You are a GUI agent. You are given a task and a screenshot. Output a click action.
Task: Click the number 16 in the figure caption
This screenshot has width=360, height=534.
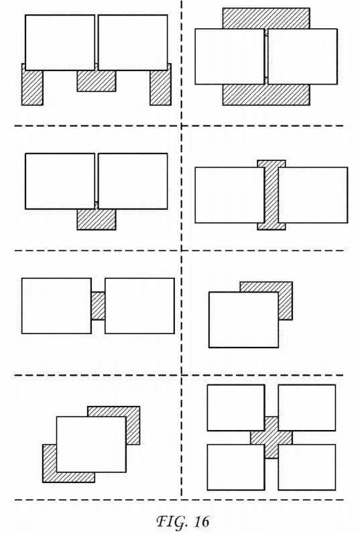click(x=202, y=521)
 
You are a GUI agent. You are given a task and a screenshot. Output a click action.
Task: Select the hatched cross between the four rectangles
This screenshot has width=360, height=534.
click(x=272, y=437)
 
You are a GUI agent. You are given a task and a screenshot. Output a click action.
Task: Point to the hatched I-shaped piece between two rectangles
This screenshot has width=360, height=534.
click(x=272, y=195)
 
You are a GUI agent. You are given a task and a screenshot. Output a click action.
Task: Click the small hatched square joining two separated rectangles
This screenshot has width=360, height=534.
click(x=98, y=305)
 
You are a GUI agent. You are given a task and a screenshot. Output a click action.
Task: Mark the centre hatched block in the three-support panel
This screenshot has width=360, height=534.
click(x=97, y=81)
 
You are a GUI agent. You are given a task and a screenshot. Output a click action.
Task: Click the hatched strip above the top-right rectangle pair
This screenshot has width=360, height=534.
click(x=266, y=18)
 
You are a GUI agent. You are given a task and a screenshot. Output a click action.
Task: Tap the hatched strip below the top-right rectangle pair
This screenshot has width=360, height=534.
click(x=266, y=95)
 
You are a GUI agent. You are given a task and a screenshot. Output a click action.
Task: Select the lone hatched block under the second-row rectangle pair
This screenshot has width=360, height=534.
click(x=97, y=219)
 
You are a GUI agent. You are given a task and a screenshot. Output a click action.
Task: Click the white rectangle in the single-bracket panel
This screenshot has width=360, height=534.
click(x=243, y=320)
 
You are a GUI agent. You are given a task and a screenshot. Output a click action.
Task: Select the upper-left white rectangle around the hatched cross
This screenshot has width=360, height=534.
click(x=236, y=408)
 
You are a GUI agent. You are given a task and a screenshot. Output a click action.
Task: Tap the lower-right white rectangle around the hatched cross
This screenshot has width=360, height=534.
click(x=306, y=467)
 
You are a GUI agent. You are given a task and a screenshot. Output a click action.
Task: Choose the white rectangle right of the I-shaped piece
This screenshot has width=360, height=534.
click(x=313, y=195)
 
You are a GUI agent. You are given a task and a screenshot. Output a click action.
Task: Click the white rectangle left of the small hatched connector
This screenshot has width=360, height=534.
click(x=56, y=306)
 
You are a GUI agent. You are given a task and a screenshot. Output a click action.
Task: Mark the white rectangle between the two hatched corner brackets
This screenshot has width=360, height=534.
click(x=91, y=444)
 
